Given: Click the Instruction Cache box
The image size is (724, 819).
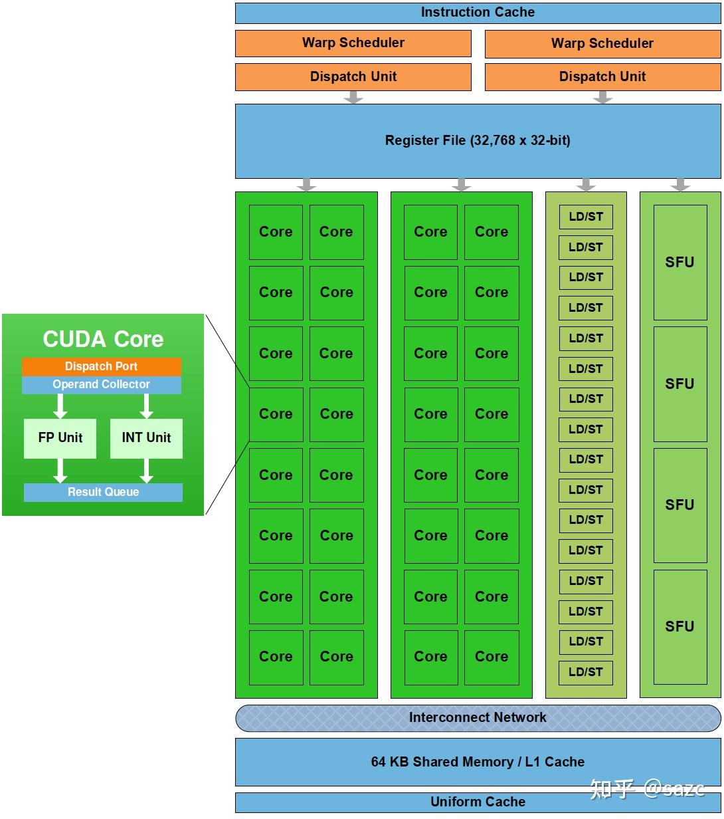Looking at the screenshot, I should point(478,13).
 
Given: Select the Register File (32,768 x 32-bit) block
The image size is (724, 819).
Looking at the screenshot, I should point(478,141).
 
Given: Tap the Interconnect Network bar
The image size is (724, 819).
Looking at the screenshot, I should point(478,718).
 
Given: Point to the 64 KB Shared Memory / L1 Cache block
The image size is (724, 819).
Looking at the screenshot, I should point(478,762).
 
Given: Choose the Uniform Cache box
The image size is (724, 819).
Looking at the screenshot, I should point(478,802).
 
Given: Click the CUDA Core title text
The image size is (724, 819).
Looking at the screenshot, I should point(103,339).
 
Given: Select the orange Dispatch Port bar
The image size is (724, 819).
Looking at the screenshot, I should point(101,366).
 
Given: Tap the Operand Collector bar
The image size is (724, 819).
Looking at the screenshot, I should point(101,385).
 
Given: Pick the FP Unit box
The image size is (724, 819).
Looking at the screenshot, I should point(60,438).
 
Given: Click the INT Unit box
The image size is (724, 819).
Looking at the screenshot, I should point(146,438).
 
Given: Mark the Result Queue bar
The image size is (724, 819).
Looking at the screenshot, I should point(103,493).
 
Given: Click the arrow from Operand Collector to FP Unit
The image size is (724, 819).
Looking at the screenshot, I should point(60,406).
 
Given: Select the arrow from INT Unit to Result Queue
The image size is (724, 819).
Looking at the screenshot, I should point(147,471).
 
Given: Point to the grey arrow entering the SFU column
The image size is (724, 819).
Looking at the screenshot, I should point(679,184).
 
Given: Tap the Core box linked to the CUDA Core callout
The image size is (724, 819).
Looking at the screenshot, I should point(276,414).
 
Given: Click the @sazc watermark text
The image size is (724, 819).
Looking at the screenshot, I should point(674,789).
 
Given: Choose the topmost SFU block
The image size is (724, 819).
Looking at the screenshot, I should point(679,262).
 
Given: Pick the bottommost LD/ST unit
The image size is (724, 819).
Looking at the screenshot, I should point(585,672).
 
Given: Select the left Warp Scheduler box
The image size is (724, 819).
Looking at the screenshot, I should point(353,43).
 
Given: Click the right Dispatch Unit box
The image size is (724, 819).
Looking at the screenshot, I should point(602,77).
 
